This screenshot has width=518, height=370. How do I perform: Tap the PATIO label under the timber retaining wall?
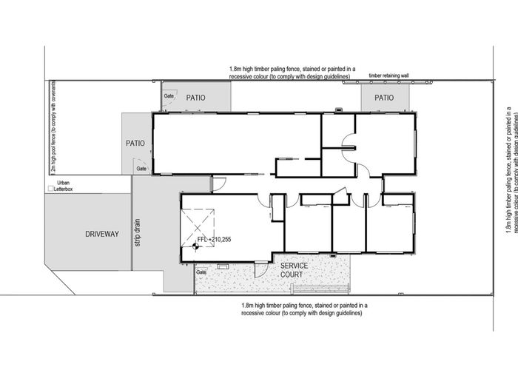(383, 98)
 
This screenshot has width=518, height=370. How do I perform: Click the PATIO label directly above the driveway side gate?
(135, 143)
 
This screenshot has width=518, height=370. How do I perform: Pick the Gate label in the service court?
(201, 272)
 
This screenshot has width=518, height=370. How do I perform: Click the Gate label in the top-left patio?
(169, 96)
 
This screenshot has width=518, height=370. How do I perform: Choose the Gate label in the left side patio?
(141, 169)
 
